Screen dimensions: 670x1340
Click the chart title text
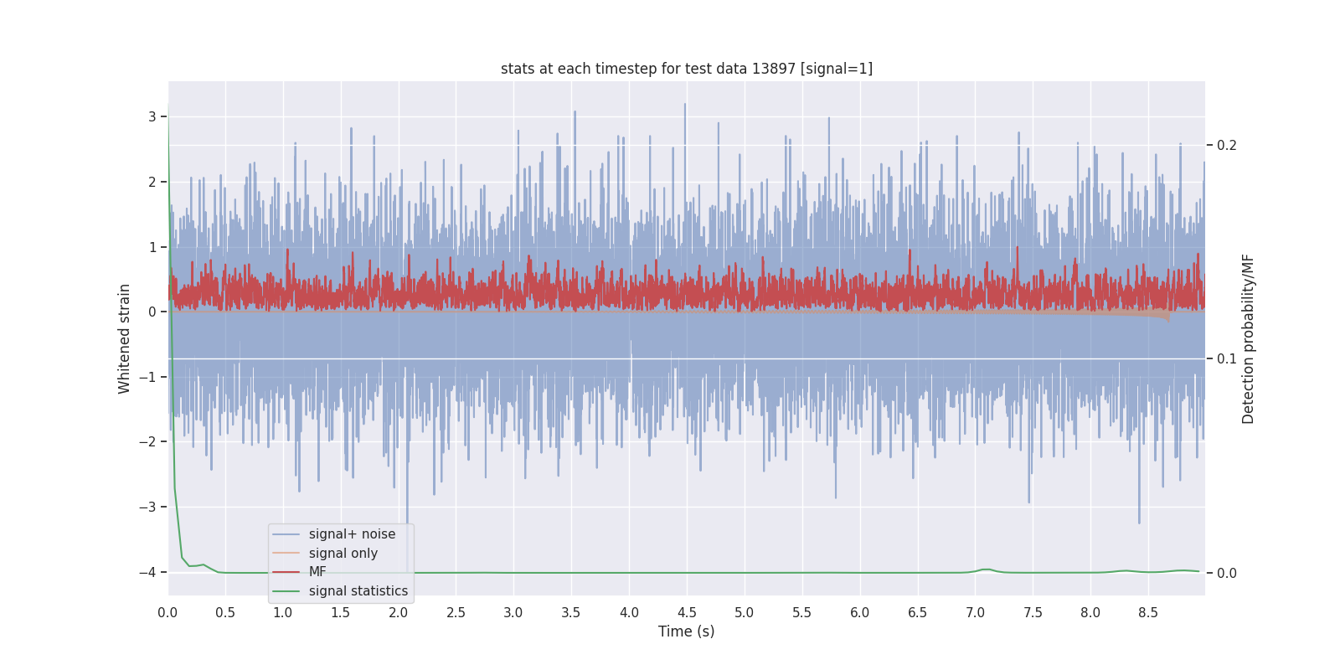[686, 69]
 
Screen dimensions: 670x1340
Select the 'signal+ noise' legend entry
[352, 534]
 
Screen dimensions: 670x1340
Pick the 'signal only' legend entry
[343, 554]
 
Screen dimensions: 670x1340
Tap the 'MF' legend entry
[317, 572]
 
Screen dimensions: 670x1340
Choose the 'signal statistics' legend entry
[358, 591]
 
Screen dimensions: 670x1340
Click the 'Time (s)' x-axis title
[686, 631]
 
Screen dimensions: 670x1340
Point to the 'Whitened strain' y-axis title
[125, 338]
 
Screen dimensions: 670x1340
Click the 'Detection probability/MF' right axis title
[1248, 338]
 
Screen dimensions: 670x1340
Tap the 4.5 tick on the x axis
[686, 613]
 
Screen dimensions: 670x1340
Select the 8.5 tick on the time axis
[1147, 613]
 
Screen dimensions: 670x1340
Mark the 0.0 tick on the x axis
[167, 613]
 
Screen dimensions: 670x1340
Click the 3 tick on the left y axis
[152, 117]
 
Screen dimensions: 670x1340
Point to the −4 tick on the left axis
[147, 573]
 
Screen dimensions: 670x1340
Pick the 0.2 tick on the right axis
[1226, 146]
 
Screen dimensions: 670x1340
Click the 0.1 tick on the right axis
[1226, 359]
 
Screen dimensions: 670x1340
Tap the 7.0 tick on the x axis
[975, 613]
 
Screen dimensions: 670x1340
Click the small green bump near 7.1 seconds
[987, 569]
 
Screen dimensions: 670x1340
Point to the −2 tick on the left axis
[147, 442]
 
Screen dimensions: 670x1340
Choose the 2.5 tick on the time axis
[456, 613]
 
